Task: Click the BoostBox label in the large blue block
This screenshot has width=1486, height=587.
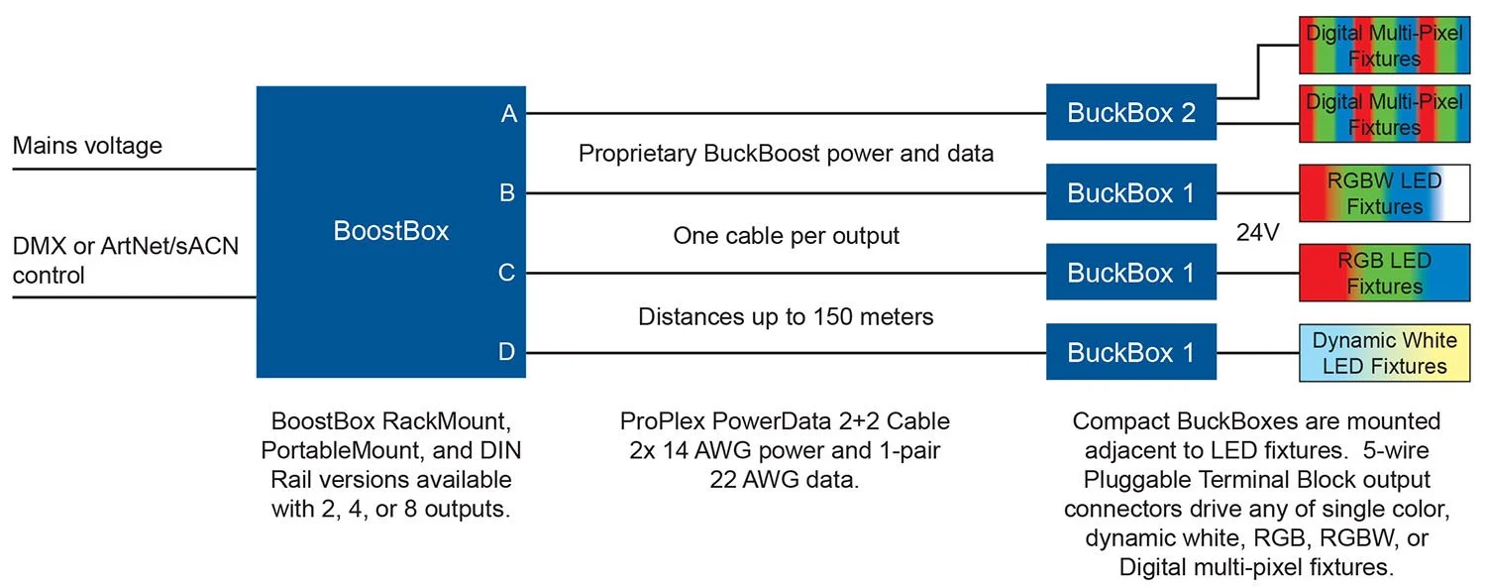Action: click(x=390, y=231)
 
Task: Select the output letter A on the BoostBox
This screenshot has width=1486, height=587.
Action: click(x=509, y=114)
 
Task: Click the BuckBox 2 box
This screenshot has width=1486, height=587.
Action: click(x=1130, y=112)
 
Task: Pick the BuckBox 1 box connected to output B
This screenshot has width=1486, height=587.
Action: click(x=1130, y=192)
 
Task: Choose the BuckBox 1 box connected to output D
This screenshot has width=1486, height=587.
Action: click(x=1130, y=352)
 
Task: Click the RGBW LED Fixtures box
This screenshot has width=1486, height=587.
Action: click(x=1384, y=193)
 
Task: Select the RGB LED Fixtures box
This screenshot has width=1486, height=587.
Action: click(x=1384, y=274)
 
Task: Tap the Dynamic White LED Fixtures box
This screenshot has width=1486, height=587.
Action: click(x=1384, y=353)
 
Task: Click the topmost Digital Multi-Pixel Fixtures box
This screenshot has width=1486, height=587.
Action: click(x=1384, y=46)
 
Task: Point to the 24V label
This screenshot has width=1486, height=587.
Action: click(x=1258, y=234)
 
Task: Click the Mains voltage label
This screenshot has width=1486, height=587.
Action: click(x=87, y=147)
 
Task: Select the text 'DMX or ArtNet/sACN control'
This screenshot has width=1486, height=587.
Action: click(x=125, y=260)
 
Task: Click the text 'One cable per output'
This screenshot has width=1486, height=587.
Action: click(x=786, y=236)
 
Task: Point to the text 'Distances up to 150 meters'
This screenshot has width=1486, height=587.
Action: click(x=786, y=317)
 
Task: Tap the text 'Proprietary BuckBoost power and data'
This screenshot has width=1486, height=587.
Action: click(x=786, y=154)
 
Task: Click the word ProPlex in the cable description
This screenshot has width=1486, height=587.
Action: click(x=655, y=422)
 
